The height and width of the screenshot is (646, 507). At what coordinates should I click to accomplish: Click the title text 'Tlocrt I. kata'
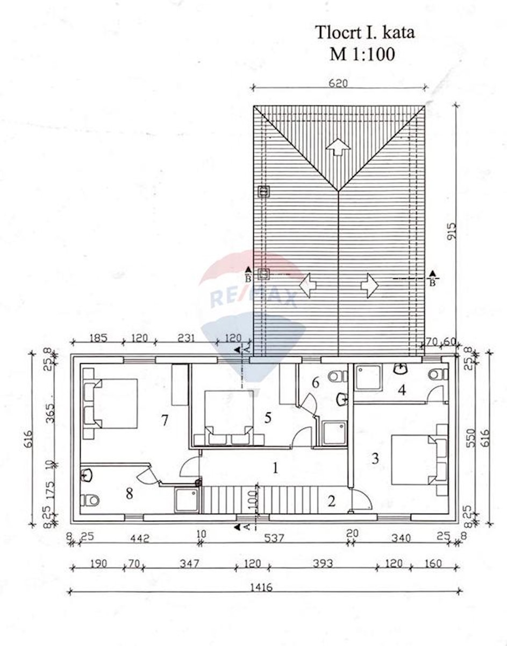point(365,32)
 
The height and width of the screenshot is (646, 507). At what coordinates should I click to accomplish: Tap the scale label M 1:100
point(362,54)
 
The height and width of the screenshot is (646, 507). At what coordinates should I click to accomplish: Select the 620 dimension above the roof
point(338,83)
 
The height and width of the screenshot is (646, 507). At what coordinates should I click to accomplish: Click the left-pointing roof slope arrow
point(308,285)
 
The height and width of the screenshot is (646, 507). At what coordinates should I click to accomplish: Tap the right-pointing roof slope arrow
point(369,285)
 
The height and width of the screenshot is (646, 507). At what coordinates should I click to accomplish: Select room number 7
point(165,420)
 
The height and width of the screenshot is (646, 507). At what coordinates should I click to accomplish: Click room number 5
point(268,418)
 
